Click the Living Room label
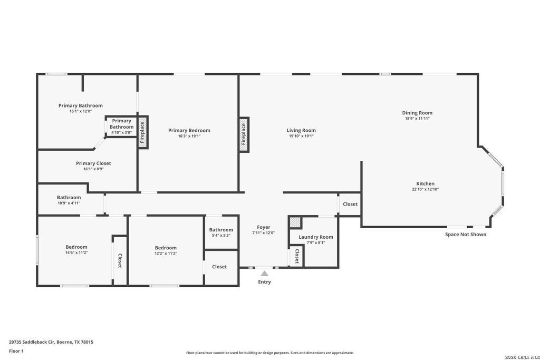tap(301, 130)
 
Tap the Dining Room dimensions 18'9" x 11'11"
tap(417, 119)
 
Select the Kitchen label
tap(426, 183)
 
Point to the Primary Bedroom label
tap(189, 130)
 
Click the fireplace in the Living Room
tap(244, 134)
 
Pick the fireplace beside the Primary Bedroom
tap(142, 132)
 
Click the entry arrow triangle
tap(264, 273)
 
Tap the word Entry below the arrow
tap(265, 282)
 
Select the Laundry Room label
tap(316, 237)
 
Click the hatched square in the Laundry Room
tap(295, 222)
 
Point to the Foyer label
tap(264, 227)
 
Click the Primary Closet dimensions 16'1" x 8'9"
tap(93, 169)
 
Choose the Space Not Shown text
tap(466, 235)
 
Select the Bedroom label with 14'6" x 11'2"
tap(76, 247)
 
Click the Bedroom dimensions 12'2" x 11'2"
tap(166, 254)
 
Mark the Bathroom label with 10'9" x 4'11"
tap(69, 197)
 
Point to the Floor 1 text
tap(16, 351)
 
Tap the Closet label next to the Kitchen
tap(350, 204)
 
